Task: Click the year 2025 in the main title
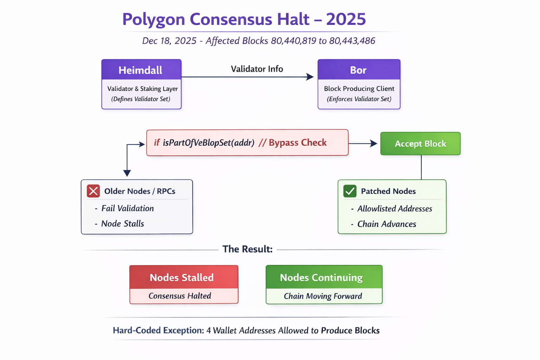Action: (x=346, y=19)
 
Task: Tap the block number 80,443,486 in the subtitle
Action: (x=352, y=41)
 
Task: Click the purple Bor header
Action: (x=359, y=70)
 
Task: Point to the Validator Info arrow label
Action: (x=257, y=69)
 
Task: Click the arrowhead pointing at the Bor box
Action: (x=310, y=77)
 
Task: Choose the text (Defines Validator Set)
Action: (x=141, y=99)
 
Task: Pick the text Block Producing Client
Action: (x=359, y=89)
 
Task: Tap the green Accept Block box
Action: (x=420, y=143)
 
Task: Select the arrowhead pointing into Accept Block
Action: (x=374, y=143)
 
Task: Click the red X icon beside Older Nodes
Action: (x=94, y=191)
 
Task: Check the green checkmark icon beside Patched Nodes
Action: (x=350, y=191)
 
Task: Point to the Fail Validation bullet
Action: (x=127, y=208)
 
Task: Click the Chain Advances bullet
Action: (x=386, y=224)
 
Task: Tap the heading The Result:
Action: (x=247, y=249)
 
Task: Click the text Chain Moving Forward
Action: (x=323, y=296)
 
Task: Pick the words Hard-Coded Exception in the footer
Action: (x=158, y=330)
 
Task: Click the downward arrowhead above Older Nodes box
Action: (x=127, y=173)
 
